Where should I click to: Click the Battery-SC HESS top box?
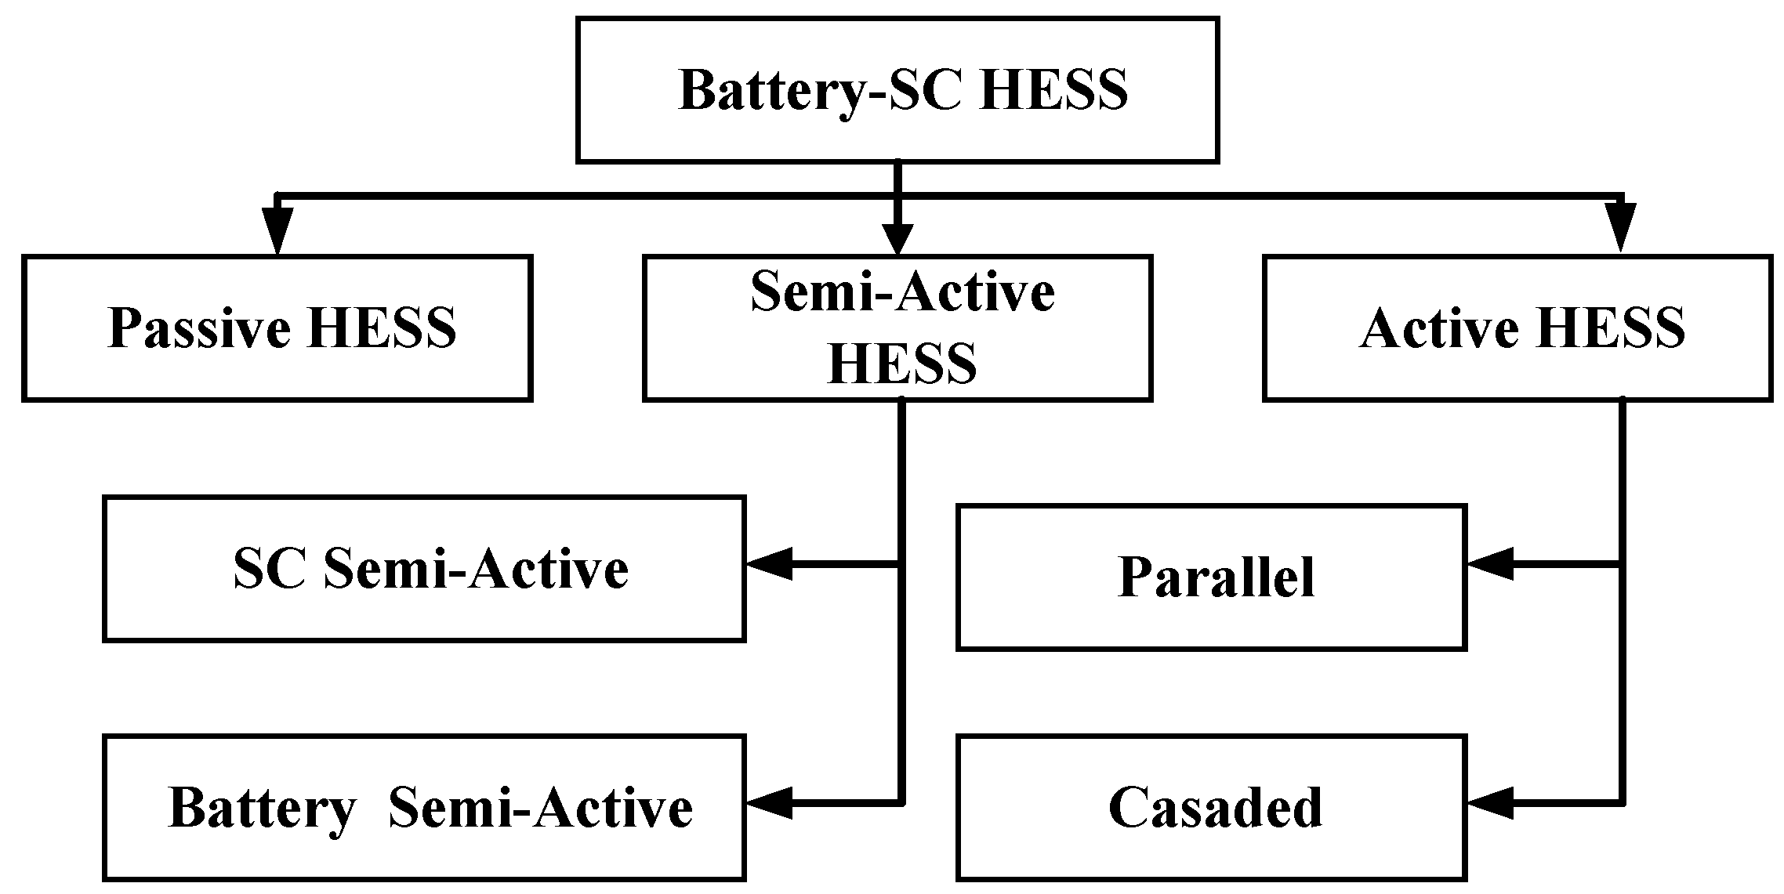[897, 90]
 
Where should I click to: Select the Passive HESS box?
[277, 328]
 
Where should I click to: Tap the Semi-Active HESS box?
[897, 328]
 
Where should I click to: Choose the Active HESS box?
[1517, 328]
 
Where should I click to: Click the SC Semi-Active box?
[423, 569]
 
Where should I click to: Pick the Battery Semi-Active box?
[423, 807]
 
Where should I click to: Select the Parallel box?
[1211, 577]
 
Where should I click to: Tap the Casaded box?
[1211, 807]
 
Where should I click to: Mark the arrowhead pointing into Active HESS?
[1620, 231]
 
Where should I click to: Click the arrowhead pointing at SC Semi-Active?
[768, 563]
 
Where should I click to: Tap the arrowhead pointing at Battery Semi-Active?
[768, 802]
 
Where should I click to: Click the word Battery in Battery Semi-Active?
[262, 807]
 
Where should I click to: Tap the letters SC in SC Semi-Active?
[268, 569]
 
